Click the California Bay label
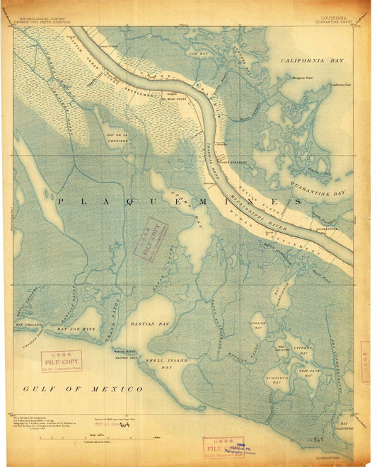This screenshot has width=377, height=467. [x=312, y=62]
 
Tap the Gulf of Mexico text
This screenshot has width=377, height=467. [x=83, y=389]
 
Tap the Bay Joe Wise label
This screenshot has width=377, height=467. [x=77, y=329]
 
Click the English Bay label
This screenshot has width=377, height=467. [x=257, y=326]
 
